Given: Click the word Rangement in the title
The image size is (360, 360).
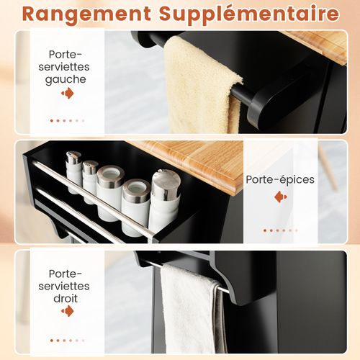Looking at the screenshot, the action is pyautogui.click(x=86, y=14).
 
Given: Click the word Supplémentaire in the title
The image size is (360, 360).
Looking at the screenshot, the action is pyautogui.click(x=249, y=14).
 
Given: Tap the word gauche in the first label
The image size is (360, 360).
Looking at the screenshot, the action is pyautogui.click(x=66, y=80).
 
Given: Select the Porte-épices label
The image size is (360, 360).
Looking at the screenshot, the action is pyautogui.click(x=280, y=180).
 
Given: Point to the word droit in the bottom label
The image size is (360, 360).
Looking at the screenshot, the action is pyautogui.click(x=66, y=298).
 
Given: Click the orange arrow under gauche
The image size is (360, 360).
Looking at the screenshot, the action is pyautogui.click(x=68, y=93).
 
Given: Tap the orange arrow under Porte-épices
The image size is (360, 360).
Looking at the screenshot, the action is pyautogui.click(x=281, y=197).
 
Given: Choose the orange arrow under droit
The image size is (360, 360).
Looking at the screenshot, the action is pyautogui.click(x=68, y=311).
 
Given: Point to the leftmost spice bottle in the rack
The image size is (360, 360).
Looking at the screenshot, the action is pyautogui.click(x=74, y=171).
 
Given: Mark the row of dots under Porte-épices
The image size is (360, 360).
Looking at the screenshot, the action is pyautogui.click(x=281, y=230).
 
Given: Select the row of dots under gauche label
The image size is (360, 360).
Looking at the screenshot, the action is pyautogui.click(x=68, y=120).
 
